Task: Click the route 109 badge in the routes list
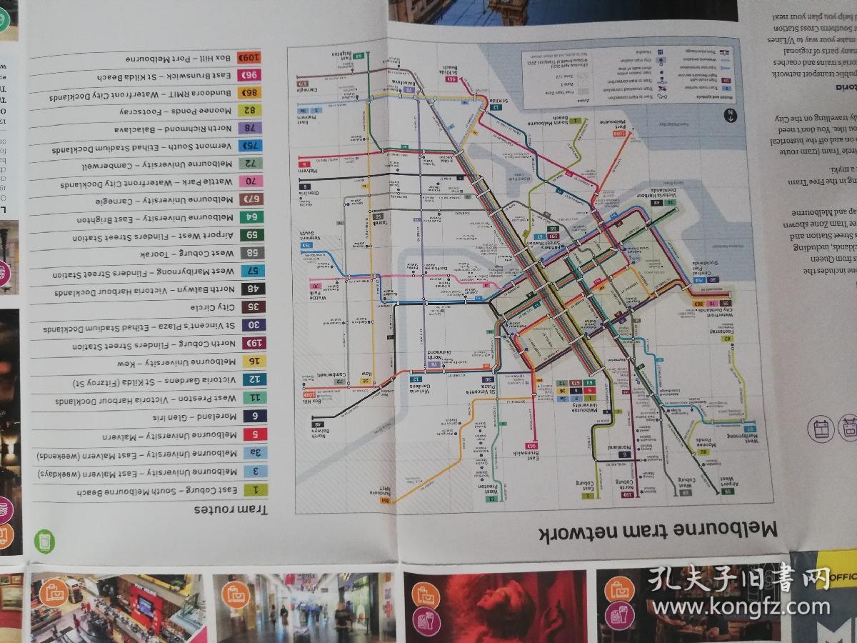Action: [251, 57]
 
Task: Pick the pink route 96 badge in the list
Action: [251, 75]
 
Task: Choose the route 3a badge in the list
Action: [254, 453]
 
